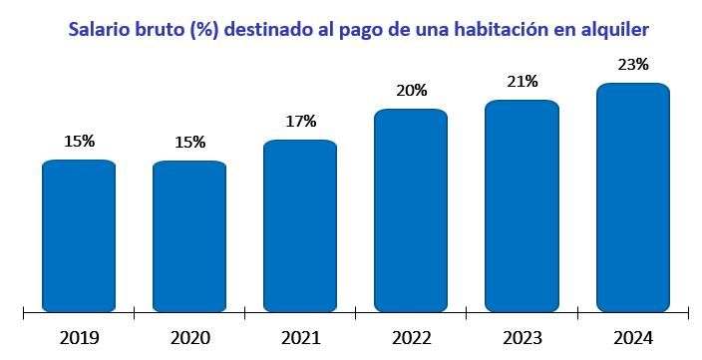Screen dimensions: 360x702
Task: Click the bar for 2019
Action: [x=79, y=236]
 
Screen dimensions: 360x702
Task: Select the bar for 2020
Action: [x=189, y=236]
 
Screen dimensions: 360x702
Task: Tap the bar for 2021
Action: [x=300, y=226]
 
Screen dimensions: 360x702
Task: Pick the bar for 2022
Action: [x=411, y=210]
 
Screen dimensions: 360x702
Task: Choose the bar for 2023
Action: [x=522, y=206]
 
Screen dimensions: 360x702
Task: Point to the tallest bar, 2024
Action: [x=632, y=197]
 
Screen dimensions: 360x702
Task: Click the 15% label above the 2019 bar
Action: [x=79, y=142]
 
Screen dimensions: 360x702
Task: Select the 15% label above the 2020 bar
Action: [x=189, y=142]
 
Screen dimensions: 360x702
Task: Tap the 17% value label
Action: [x=300, y=122]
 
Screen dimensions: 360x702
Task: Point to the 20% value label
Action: [x=411, y=90]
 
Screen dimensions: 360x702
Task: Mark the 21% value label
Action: [x=522, y=81]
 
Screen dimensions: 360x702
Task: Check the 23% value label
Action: [x=632, y=65]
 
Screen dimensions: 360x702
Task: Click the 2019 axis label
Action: [x=79, y=338]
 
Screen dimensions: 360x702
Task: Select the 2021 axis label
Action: [x=300, y=338]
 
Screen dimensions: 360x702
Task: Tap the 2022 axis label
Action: [x=411, y=338]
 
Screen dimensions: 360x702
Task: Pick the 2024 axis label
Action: [x=632, y=338]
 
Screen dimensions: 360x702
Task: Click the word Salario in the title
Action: [x=101, y=30]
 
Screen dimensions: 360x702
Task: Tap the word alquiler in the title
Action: [x=624, y=30]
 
